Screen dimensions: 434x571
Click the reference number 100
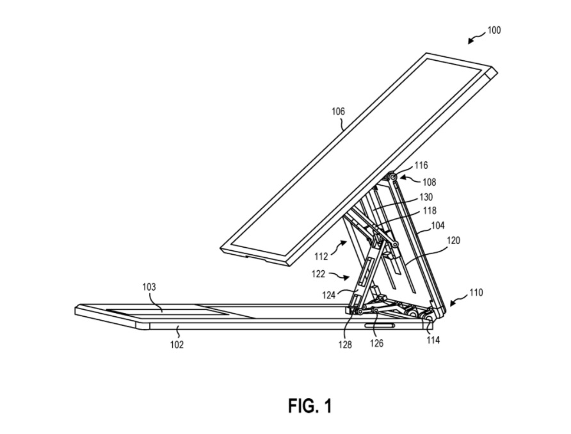click(x=494, y=29)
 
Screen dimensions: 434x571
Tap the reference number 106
click(x=338, y=111)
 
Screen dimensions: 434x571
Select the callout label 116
click(x=421, y=166)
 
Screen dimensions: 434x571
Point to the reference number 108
click(x=428, y=182)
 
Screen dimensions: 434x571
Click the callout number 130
click(x=426, y=197)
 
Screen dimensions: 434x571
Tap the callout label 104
click(x=437, y=226)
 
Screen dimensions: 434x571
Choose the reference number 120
click(x=452, y=241)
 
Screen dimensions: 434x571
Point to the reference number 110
click(x=475, y=293)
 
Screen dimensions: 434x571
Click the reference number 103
click(x=149, y=287)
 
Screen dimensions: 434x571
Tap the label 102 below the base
click(x=177, y=344)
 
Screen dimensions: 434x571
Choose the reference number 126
click(x=377, y=344)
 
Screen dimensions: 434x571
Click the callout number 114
click(x=433, y=341)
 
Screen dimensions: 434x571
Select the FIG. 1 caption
click(x=309, y=405)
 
